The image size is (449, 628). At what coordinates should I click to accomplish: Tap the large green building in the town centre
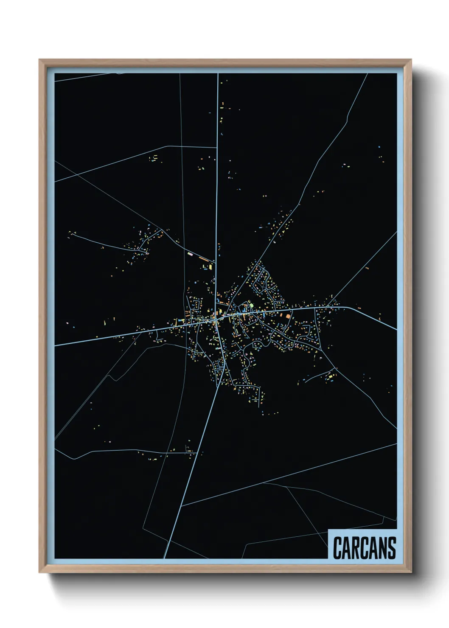pos(250,305)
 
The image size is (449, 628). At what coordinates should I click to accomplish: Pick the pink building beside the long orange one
pos(190,254)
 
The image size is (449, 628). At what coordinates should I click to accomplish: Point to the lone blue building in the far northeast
pos(379,147)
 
